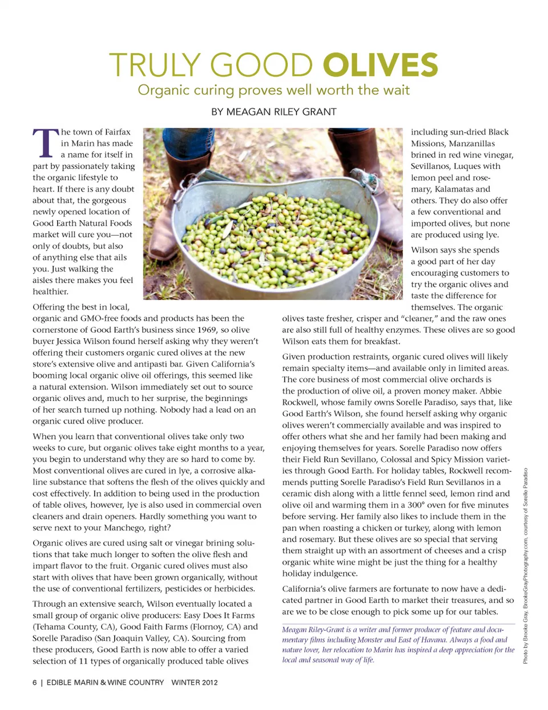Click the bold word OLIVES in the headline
point(380,65)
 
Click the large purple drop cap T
point(45,143)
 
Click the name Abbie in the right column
point(490,391)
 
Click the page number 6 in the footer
point(35,682)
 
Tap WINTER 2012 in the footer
point(195,682)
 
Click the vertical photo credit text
point(525,565)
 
